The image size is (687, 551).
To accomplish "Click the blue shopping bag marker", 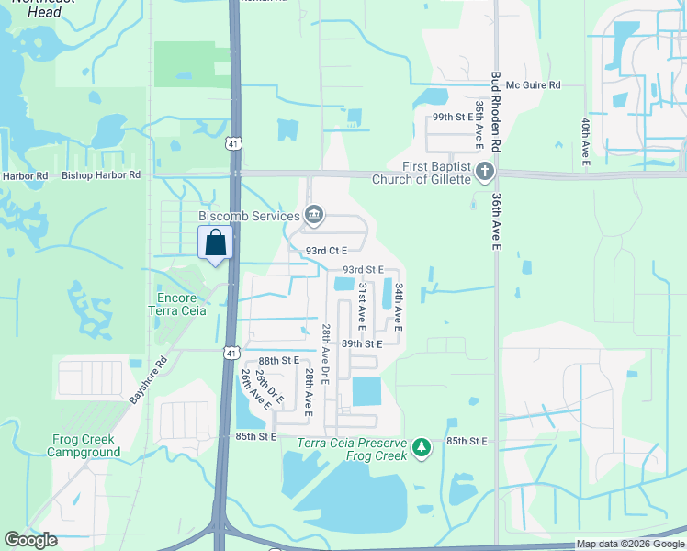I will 215,244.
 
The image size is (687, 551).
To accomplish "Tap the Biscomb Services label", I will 243,216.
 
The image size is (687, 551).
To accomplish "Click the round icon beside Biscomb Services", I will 314,215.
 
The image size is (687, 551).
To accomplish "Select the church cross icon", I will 485,172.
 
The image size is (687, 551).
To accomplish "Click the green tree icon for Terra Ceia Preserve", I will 421,447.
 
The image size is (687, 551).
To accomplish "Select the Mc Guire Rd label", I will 533,85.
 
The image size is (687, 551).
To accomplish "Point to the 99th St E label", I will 452,118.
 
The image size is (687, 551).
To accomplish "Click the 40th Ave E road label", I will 585,143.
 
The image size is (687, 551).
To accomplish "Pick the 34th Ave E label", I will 400,307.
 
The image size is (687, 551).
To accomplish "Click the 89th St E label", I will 361,343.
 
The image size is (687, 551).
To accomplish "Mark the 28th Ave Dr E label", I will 325,348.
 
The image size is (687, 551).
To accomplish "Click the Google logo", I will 31,540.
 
